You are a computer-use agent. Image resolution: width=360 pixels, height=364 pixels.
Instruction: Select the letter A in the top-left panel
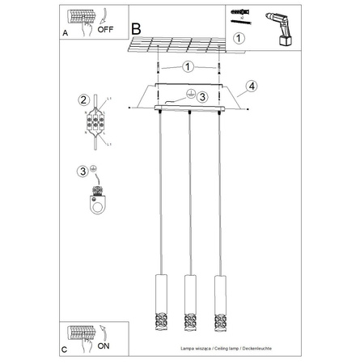tap(65, 33)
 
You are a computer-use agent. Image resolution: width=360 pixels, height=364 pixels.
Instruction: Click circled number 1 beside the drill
tap(239, 37)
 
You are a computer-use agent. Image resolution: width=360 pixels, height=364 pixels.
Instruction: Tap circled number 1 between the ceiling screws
tap(188, 66)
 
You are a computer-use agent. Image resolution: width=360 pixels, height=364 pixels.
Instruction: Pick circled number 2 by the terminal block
tap(83, 100)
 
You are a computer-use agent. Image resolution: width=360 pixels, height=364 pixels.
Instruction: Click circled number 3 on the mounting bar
tap(204, 97)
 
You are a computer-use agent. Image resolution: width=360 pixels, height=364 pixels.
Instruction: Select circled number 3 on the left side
tap(83, 170)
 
